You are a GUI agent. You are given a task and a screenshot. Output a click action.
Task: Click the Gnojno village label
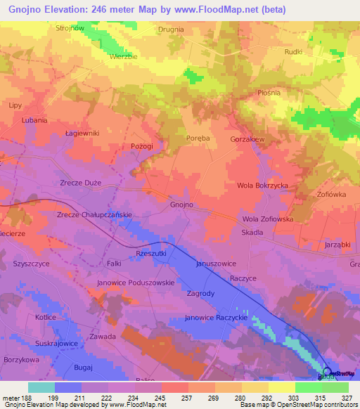coord(181,204)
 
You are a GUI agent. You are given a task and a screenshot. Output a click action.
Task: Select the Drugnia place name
coord(171,29)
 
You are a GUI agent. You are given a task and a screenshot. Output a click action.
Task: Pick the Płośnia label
coord(269,92)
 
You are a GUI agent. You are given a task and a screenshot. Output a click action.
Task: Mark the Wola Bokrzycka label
coord(263,186)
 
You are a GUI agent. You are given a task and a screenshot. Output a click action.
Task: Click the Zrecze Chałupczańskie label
coord(94,214)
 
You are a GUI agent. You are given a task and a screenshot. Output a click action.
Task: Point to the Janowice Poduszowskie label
coord(135,283)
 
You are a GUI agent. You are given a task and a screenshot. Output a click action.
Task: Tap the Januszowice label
coord(215,264)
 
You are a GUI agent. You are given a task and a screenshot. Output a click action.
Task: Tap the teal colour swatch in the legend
coord(41,387)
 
